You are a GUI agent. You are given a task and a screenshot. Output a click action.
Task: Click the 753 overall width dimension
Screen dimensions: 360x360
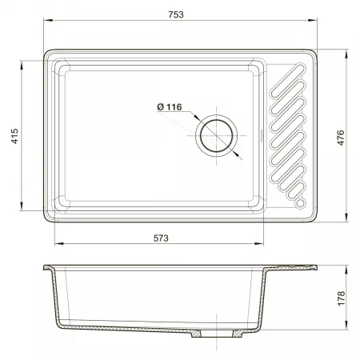[176, 14]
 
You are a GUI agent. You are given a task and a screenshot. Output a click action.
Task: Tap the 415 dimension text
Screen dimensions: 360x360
[15, 136]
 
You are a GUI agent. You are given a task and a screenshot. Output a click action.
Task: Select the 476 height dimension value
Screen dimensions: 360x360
[341, 138]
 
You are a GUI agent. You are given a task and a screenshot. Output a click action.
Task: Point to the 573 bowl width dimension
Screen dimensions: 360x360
[161, 238]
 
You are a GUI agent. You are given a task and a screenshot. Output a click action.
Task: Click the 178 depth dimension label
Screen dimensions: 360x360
[341, 298]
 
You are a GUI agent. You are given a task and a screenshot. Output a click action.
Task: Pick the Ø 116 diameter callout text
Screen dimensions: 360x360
[170, 107]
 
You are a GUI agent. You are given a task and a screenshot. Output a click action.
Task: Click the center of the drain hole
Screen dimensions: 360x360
[216, 136]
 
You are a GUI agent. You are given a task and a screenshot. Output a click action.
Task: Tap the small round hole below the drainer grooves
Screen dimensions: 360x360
[300, 203]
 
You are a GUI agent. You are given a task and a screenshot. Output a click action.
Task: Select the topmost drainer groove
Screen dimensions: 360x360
[287, 81]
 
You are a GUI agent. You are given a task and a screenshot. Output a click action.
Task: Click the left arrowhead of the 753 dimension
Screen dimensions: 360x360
[47, 20]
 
